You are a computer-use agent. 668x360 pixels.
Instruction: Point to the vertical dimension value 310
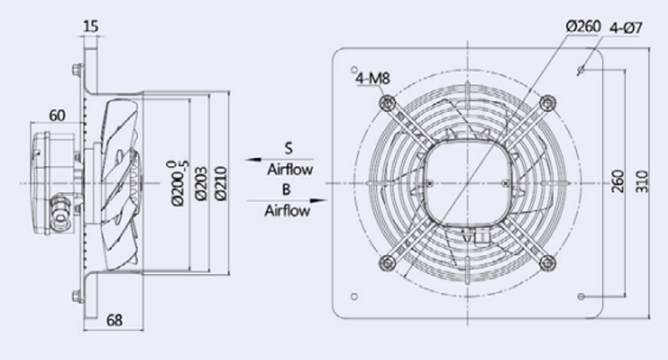tap(642, 183)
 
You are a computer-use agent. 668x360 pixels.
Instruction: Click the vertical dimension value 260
tap(617, 183)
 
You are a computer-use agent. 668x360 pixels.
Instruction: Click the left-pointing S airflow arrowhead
tap(250, 159)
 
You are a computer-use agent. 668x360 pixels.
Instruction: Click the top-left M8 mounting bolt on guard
tap(387, 103)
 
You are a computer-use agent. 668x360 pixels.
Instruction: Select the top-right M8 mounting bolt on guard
tap(548, 103)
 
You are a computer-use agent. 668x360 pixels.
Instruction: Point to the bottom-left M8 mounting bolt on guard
tap(387, 262)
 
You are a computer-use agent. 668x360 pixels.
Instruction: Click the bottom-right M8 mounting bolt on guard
tap(548, 262)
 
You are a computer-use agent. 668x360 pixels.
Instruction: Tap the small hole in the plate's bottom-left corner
tap(357, 296)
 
